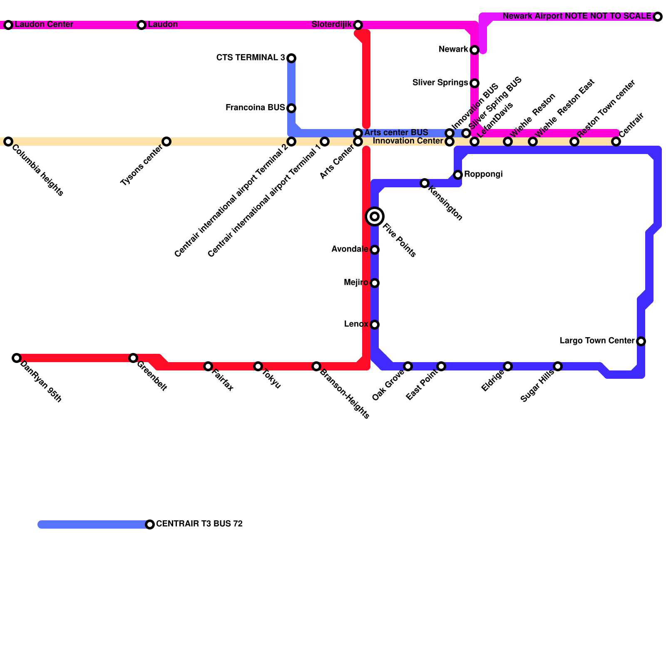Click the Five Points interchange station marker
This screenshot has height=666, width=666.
[375, 216]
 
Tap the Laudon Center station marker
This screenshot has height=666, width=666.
[8, 25]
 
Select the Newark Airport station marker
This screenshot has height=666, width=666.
[658, 17]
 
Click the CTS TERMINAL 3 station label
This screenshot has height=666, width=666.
[251, 58]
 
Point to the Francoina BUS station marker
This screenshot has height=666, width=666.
[291, 108]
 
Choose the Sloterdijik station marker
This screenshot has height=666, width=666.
[358, 25]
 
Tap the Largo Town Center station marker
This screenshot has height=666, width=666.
[641, 341]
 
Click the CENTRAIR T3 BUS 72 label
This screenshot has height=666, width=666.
[199, 524]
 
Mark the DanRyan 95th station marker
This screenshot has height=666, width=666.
[17, 358]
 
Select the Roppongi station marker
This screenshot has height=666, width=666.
[458, 175]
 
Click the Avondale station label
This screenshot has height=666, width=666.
[349, 249]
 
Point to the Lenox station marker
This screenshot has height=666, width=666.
[375, 325]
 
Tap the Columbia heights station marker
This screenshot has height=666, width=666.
[8, 142]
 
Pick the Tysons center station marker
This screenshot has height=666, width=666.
[166, 142]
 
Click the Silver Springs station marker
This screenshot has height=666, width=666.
[475, 83]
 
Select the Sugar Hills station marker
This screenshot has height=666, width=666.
[558, 366]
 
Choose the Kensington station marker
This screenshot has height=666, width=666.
[425, 183]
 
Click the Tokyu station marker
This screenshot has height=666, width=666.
[258, 366]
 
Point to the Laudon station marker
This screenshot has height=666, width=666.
[142, 25]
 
